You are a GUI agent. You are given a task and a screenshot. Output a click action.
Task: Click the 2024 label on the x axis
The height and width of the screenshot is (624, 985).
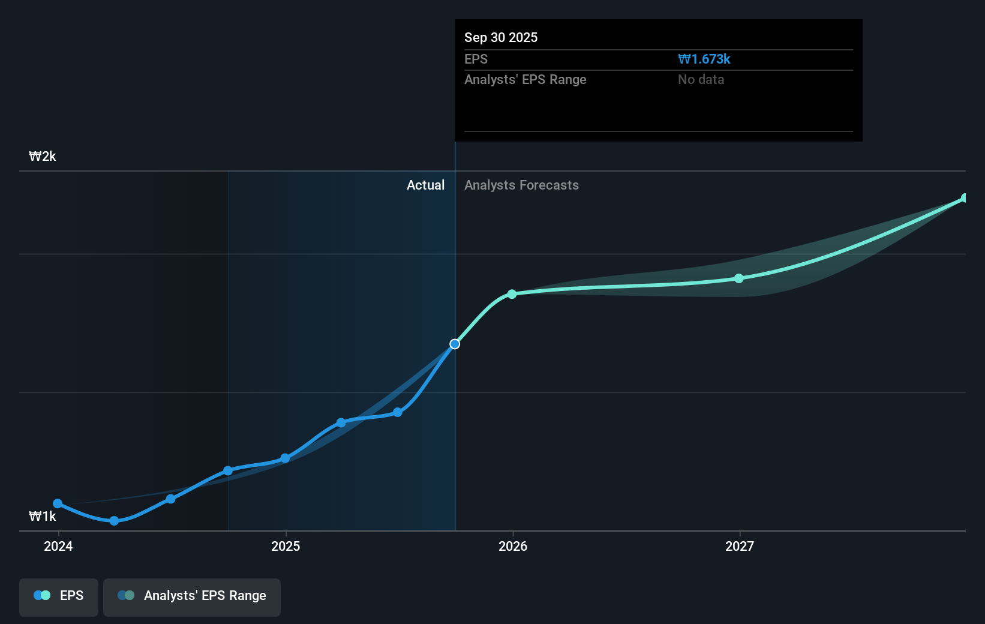pos(58,546)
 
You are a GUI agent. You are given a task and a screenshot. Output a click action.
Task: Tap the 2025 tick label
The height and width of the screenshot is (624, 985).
pos(286,546)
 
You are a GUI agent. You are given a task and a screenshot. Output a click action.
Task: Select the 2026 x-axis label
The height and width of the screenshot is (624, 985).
pos(513,546)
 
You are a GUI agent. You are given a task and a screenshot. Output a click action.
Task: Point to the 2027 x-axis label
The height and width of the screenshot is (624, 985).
pos(739,546)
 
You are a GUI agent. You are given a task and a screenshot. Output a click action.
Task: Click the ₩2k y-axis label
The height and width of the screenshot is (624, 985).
pos(43,157)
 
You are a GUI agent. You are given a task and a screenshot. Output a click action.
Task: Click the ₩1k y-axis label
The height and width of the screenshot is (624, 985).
pos(43,517)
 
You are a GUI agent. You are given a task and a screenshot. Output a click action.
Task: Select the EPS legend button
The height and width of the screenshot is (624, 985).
pos(59,596)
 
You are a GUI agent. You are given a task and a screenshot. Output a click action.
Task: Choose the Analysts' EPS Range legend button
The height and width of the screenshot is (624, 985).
pos(192,596)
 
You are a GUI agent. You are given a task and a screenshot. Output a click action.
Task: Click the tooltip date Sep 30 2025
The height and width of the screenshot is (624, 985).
pos(501,37)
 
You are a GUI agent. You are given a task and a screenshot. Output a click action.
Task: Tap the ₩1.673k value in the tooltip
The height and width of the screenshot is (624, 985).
pos(704,59)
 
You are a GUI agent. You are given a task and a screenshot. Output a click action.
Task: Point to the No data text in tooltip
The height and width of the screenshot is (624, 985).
pos(701,80)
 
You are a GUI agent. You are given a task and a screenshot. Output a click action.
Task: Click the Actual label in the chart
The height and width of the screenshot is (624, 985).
pos(425,185)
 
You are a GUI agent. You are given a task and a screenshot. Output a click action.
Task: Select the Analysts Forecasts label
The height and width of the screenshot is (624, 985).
pos(521,185)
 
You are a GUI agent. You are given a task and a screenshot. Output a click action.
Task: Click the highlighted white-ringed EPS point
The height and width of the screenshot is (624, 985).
pos(455,344)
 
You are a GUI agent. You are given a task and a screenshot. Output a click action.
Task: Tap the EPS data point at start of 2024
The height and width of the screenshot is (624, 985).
pos(58,503)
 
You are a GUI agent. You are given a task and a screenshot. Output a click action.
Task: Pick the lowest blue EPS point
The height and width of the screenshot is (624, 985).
pos(114,521)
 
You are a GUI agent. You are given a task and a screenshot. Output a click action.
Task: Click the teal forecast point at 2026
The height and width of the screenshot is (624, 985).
pos(512,294)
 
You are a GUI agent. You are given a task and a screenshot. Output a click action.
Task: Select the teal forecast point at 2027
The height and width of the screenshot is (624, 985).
pos(739,278)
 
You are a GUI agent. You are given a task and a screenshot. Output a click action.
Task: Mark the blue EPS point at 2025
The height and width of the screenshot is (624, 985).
pos(286,458)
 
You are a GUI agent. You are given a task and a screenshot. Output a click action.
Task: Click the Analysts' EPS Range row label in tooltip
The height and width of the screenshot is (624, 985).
pos(525,80)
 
